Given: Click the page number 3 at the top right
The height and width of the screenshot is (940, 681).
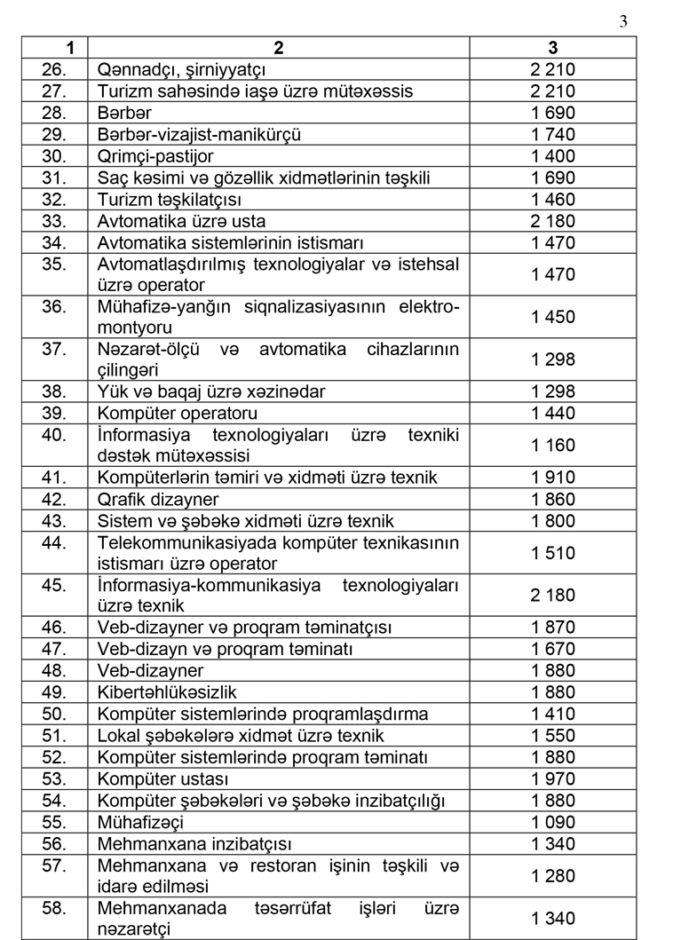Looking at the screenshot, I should pyautogui.click(x=622, y=22).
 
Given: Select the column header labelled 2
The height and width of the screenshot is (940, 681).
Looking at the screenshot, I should pyautogui.click(x=279, y=48).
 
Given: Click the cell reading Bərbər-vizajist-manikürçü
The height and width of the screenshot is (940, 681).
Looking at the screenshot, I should pyautogui.click(x=199, y=134).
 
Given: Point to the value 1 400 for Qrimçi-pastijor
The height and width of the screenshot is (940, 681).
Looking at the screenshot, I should pyautogui.click(x=553, y=156).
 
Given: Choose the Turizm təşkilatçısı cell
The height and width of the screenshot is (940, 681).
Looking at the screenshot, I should pyautogui.click(x=169, y=200).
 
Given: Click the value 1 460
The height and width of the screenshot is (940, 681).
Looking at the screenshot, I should pyautogui.click(x=553, y=200).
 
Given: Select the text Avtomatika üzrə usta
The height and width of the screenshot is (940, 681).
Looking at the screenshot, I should pyautogui.click(x=181, y=221).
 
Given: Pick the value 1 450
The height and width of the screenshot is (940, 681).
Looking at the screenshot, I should pyautogui.click(x=553, y=317).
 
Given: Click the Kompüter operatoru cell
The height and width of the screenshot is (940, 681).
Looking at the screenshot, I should pyautogui.click(x=178, y=413).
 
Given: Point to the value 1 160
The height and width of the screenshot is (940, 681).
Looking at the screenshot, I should pyautogui.click(x=553, y=445).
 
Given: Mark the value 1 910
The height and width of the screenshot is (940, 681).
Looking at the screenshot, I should pyautogui.click(x=553, y=478).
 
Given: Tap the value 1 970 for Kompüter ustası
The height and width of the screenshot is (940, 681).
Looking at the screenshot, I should pyautogui.click(x=553, y=778).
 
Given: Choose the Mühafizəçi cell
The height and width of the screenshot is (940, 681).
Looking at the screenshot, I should pyautogui.click(x=142, y=822).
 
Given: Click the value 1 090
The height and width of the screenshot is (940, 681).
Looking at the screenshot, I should pyautogui.click(x=553, y=822).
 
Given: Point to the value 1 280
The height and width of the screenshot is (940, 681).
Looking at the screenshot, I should pyautogui.click(x=553, y=876).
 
